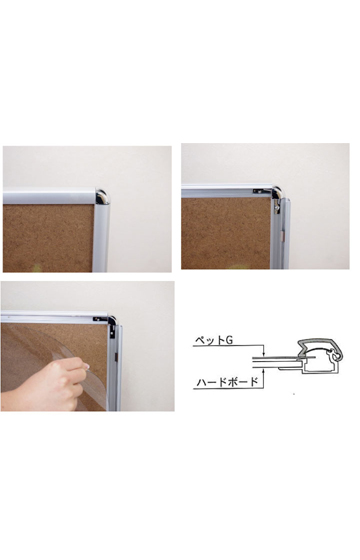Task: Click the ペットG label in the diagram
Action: pos(214,340)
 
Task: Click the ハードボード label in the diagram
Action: pos(227,382)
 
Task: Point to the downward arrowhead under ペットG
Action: pos(263,353)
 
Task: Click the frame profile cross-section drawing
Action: pos(314,357)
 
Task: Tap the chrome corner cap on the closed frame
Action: pos(102,196)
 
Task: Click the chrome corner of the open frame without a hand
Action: pos(276,193)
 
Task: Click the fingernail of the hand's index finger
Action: pos(87,366)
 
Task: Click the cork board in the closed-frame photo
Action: pos(48,238)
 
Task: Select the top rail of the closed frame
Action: pos(49,196)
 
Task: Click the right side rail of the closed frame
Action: pos(102,238)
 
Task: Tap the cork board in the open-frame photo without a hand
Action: pos(226,233)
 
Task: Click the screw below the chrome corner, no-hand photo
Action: pos(276,205)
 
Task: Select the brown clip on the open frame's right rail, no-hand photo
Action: pos(282,235)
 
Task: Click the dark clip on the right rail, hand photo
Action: pos(116,355)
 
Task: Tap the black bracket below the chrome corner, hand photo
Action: pos(112,331)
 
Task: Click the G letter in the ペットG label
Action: pos(229,340)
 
